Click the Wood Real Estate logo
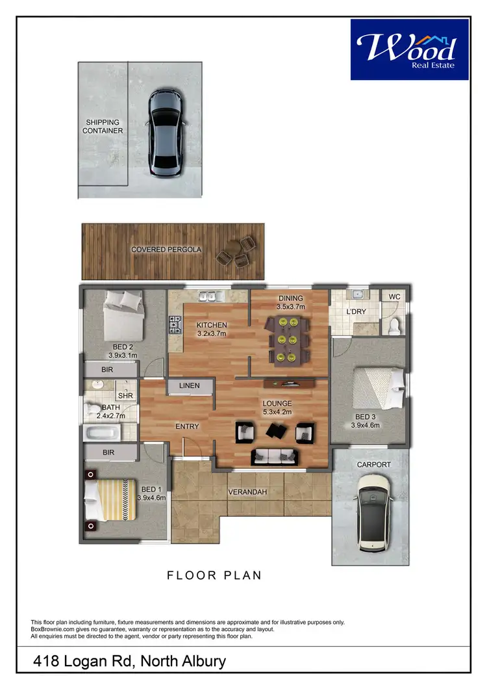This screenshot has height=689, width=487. click(x=409, y=49)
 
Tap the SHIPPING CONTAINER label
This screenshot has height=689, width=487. click(x=104, y=126)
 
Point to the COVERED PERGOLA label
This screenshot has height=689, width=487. click(x=166, y=250)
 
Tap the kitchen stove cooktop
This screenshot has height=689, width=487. click(x=175, y=323)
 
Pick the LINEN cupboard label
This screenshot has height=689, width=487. click(x=189, y=386)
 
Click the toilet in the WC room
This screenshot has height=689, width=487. click(x=393, y=326)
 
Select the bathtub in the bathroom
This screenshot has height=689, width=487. click(x=106, y=431)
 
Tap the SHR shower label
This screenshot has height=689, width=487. click(x=125, y=395)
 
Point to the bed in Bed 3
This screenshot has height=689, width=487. click(x=377, y=388)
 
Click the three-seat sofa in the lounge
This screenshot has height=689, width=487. click(x=272, y=456)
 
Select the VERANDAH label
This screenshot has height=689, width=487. click(x=247, y=492)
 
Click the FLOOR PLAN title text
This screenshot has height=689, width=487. click(x=214, y=575)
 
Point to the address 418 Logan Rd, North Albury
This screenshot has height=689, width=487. click(x=130, y=662)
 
